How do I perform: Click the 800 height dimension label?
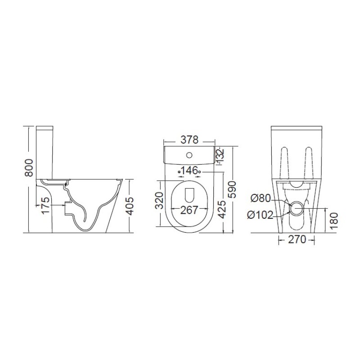click(x=29, y=168)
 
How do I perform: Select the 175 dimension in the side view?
click(x=45, y=205)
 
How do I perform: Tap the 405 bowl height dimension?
click(x=130, y=206)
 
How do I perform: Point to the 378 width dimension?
click(x=189, y=139)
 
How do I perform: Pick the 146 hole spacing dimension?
click(x=189, y=171)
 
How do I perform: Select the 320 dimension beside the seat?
click(x=160, y=201)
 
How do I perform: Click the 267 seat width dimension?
click(x=189, y=210)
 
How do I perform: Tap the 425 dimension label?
click(x=221, y=209)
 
